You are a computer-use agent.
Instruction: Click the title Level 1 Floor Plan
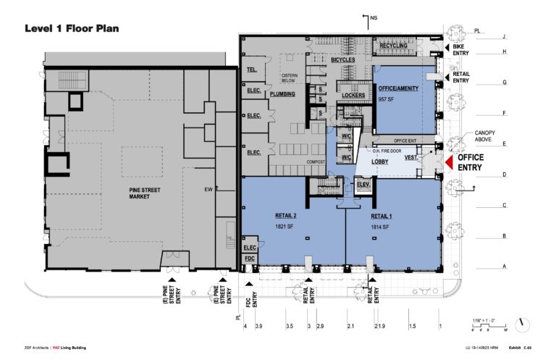point(71,28)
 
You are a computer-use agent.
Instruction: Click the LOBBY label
point(381,162)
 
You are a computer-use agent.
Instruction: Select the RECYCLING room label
point(395,46)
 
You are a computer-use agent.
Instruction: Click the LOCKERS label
point(353,95)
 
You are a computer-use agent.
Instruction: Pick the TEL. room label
point(253,70)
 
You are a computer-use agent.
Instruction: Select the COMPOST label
point(315,162)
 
